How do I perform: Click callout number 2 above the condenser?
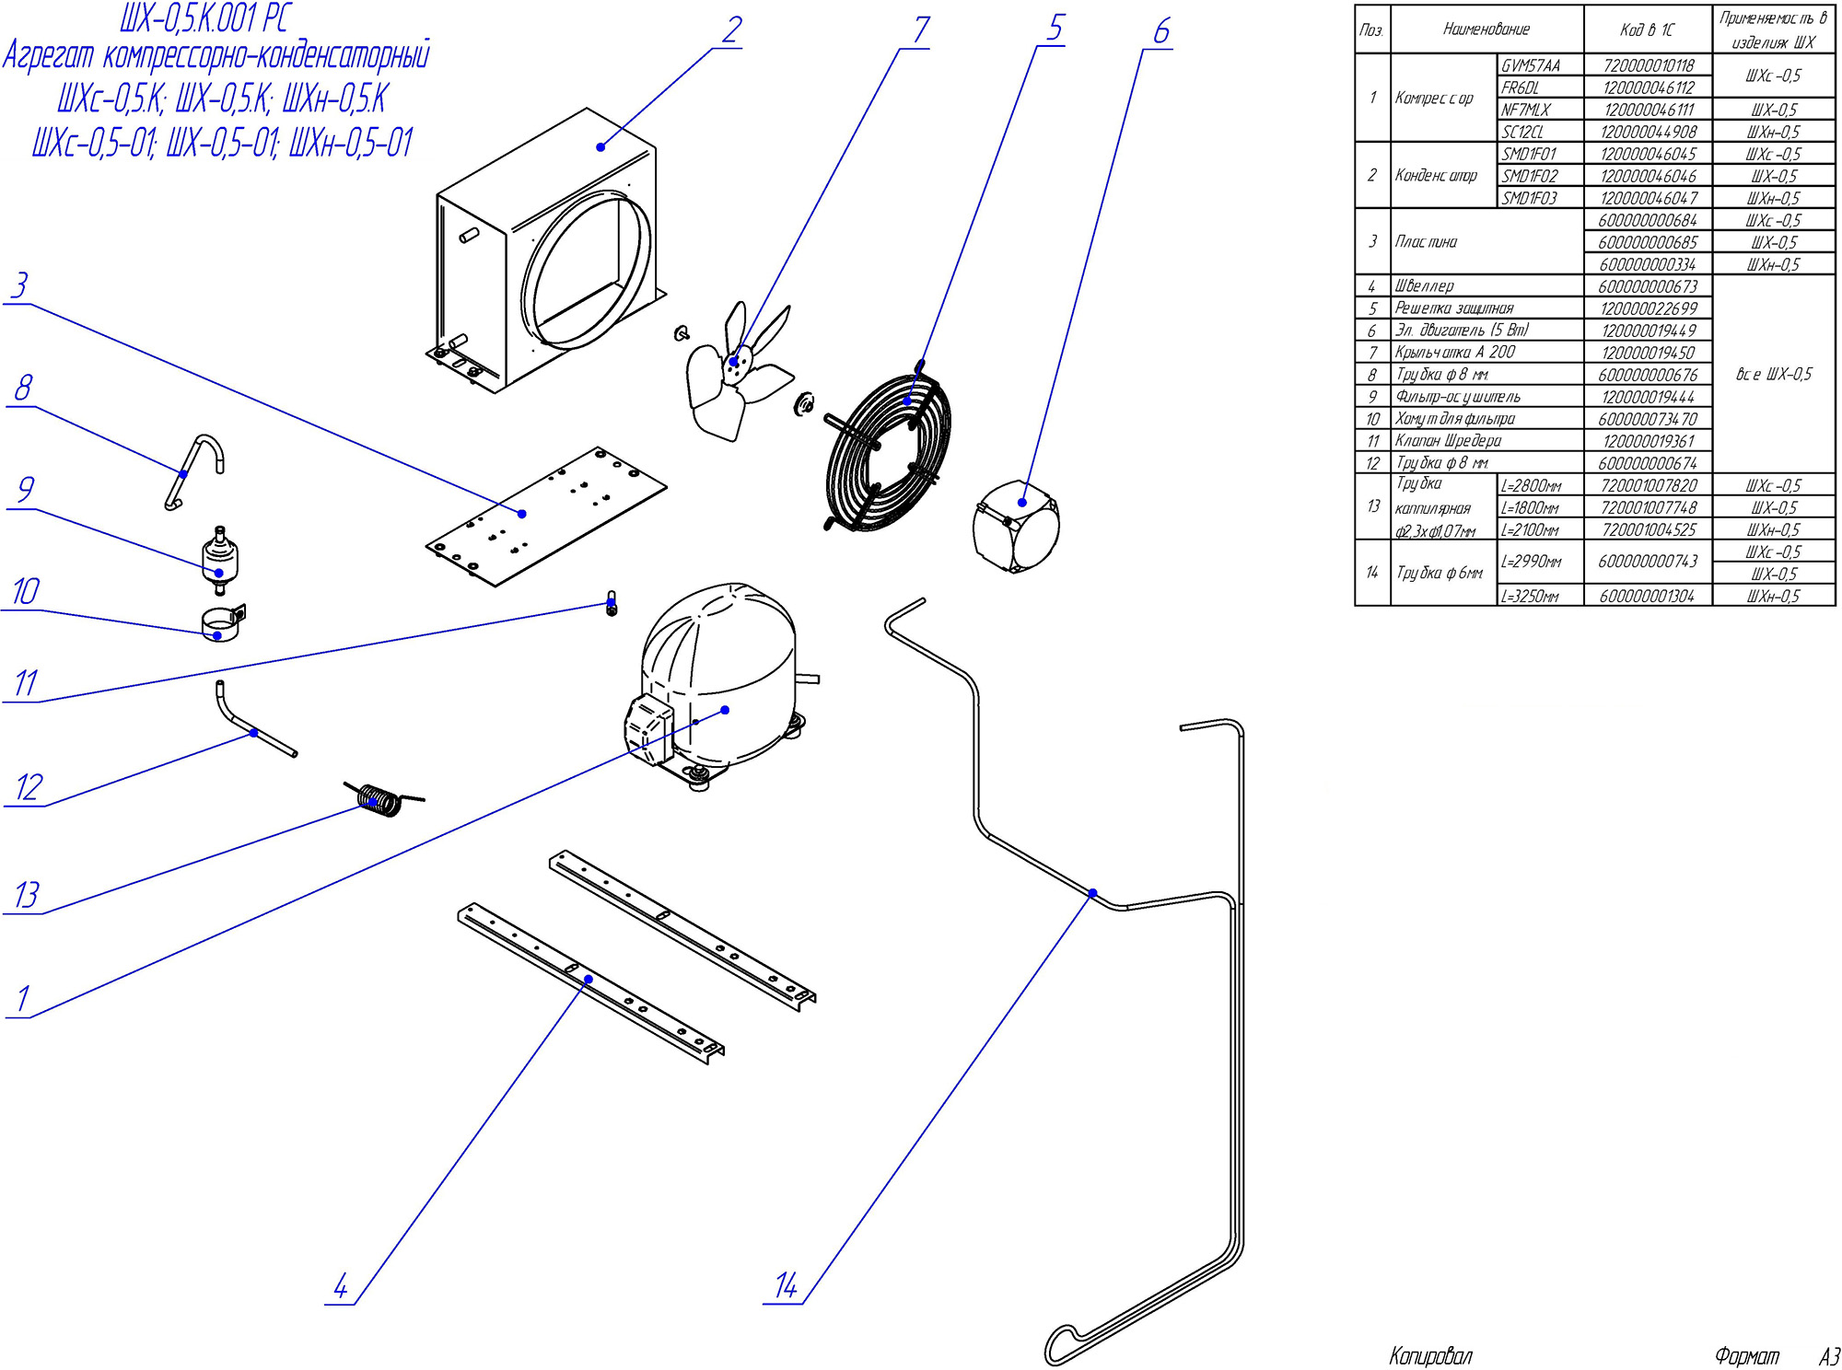(731, 30)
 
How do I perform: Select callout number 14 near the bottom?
(786, 1285)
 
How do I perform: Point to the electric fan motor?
(1016, 527)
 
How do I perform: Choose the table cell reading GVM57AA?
(1531, 65)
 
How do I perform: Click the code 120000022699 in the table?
(1648, 308)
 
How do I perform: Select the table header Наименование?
(1486, 29)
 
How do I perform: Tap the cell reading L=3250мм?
(1531, 597)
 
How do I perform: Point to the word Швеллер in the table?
(1424, 286)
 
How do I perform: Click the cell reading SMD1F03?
(1530, 198)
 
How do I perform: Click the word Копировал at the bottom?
(1430, 1356)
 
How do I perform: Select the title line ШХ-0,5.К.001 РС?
(204, 18)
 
